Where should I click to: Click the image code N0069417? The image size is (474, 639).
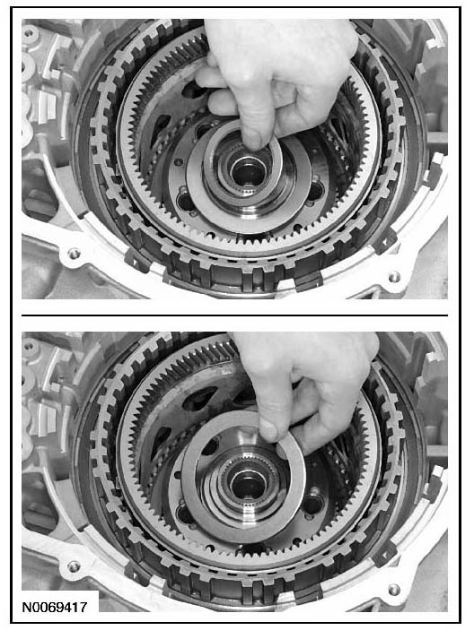[54, 608]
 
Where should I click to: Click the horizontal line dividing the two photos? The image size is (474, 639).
[234, 315]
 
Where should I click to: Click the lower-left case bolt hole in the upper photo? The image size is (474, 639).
[74, 254]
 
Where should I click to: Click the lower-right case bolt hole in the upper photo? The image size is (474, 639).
[394, 277]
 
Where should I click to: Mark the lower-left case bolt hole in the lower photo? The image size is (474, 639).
[74, 566]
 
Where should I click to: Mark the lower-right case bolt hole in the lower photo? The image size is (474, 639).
[394, 590]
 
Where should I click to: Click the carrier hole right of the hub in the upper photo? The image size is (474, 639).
[315, 191]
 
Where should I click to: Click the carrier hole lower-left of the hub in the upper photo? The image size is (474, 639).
[185, 201]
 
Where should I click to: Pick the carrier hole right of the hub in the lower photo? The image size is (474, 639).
[313, 505]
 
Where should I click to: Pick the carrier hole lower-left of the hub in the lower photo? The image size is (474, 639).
[185, 514]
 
